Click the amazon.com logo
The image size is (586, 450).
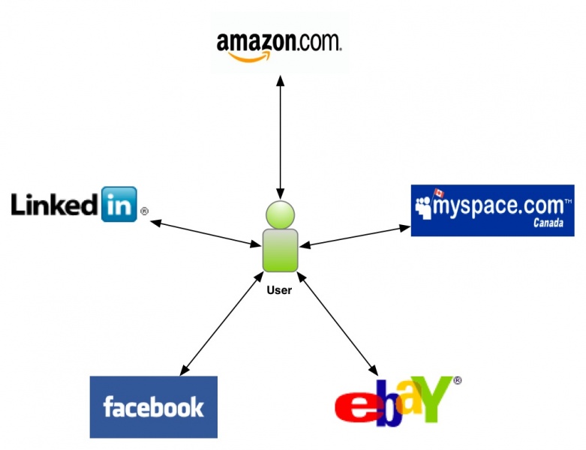coord(278,43)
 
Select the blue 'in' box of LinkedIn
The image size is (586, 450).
coord(119,204)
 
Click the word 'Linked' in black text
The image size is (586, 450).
coord(56,203)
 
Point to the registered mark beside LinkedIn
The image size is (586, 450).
coord(144,211)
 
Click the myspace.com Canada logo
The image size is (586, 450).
coord(492,210)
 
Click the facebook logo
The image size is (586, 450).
coord(153,406)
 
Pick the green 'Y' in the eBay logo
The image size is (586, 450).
coord(434,397)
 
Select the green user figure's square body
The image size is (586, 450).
coord(280,250)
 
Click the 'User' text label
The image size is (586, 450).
coord(279,289)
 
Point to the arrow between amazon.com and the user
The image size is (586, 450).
coord(279,135)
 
